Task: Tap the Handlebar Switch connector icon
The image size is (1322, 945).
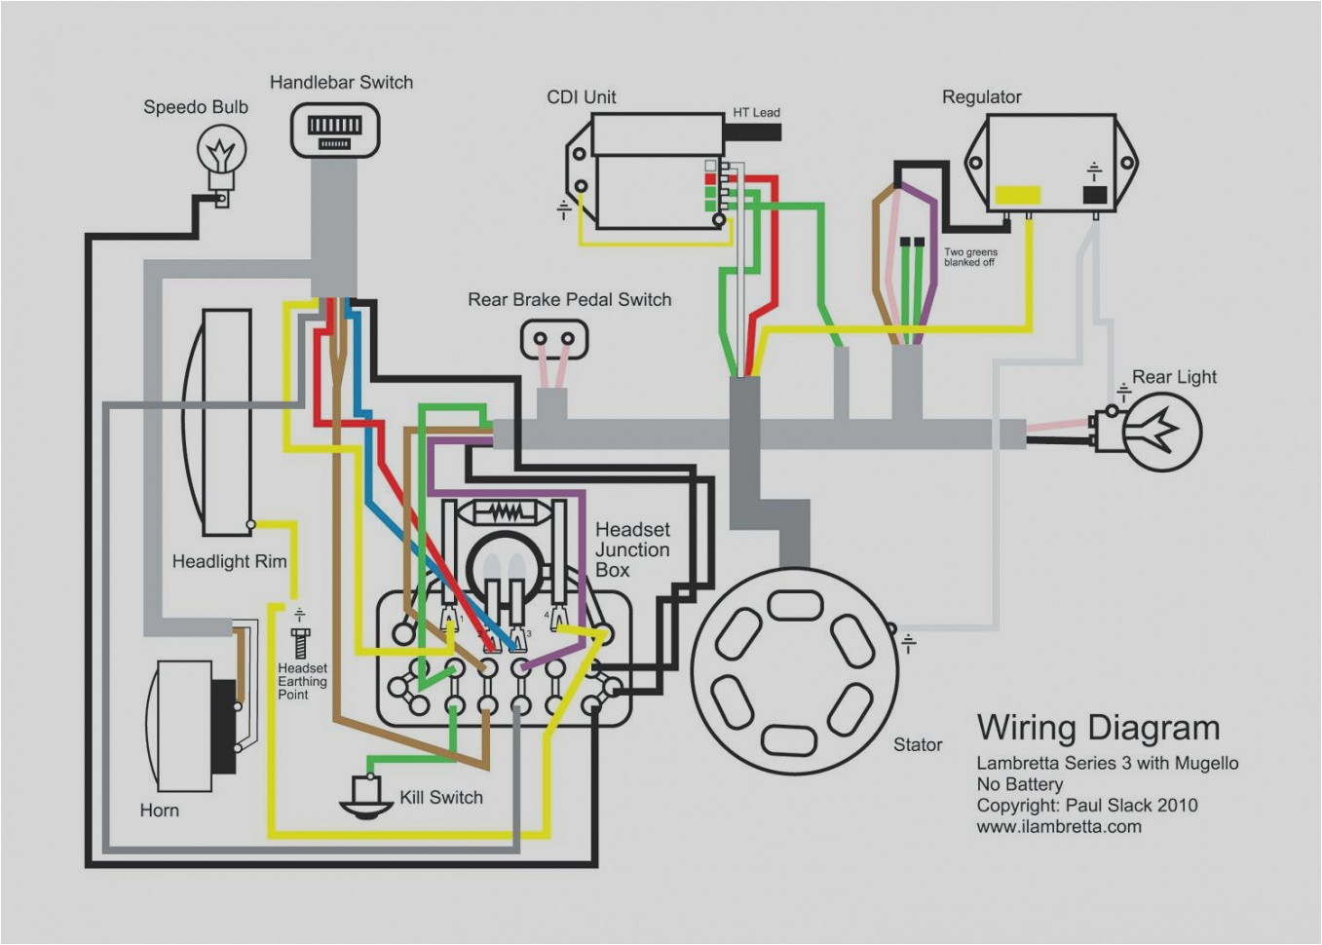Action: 334,131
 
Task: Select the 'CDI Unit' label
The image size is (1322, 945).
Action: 581,96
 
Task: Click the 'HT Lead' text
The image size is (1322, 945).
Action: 756,112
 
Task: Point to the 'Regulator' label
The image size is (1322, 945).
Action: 981,96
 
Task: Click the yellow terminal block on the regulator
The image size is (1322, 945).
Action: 1016,195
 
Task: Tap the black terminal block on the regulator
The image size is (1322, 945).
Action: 1094,194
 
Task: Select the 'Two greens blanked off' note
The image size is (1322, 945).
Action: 969,257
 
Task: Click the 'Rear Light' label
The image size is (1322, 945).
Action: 1174,377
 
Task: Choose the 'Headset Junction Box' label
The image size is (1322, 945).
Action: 632,549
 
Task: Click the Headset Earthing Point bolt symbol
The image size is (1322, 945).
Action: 299,643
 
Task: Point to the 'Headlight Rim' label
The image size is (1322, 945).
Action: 229,561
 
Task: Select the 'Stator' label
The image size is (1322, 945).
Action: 918,744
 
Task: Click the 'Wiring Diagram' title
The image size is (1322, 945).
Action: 1098,728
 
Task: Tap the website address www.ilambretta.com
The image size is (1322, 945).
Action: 1059,826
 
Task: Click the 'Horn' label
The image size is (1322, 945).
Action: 159,810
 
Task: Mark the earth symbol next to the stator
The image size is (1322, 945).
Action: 908,643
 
